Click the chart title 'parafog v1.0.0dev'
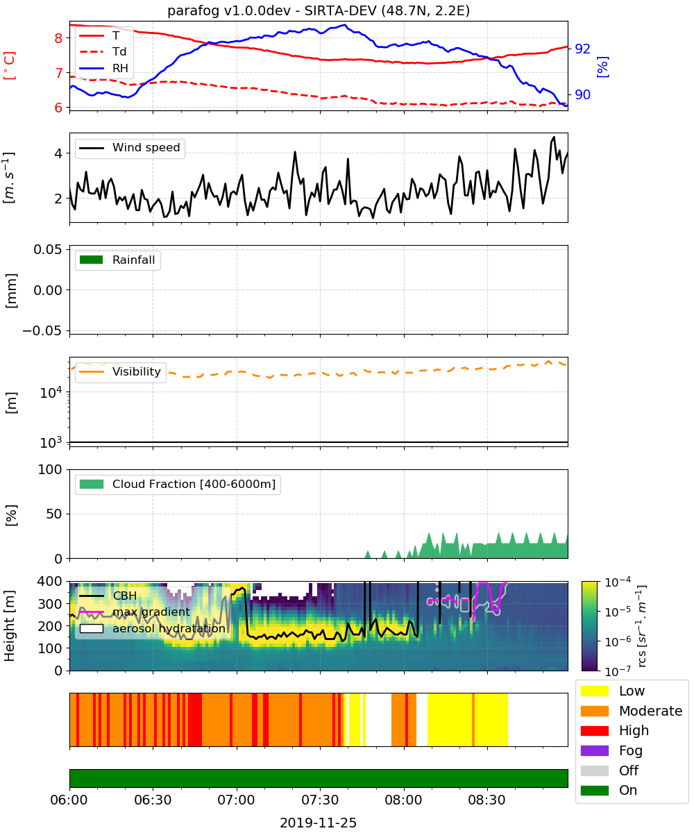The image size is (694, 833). click(x=229, y=10)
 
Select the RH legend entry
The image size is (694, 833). click(x=103, y=68)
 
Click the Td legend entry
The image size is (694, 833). click(x=103, y=51)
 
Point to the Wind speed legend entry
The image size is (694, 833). click(x=130, y=148)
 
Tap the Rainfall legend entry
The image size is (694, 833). click(x=117, y=260)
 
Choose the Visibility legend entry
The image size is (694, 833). click(x=120, y=371)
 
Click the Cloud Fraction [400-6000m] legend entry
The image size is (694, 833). click(x=178, y=484)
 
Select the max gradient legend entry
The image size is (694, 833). click(x=135, y=612)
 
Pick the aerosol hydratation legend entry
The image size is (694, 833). click(x=153, y=628)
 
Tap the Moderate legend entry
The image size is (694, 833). click(x=632, y=711)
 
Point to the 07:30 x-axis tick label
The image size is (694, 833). click(x=320, y=800)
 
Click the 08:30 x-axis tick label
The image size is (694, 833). click(x=487, y=800)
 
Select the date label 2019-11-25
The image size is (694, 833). click(x=318, y=823)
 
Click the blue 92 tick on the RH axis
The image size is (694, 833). click(x=582, y=49)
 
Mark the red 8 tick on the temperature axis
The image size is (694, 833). click(x=58, y=38)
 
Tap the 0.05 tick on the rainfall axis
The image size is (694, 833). click(x=48, y=249)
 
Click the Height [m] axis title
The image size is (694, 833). click(x=10, y=625)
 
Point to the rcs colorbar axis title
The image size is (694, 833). click(x=641, y=625)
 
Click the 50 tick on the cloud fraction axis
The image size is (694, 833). click(x=55, y=514)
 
